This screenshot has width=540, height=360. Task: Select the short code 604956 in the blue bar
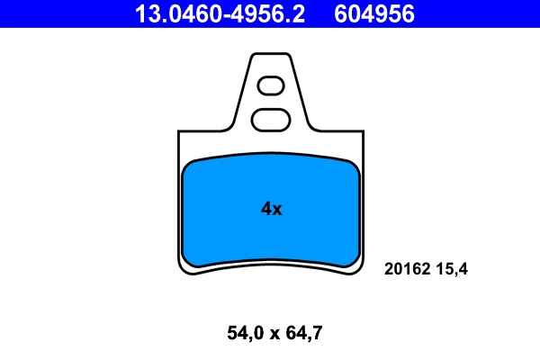(x=374, y=13)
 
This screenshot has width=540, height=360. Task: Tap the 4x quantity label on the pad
(x=272, y=209)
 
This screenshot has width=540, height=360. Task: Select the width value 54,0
(x=242, y=333)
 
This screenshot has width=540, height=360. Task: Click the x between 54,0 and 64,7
(x=272, y=334)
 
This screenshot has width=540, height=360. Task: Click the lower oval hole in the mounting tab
(x=271, y=118)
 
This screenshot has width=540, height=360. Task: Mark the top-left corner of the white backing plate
(x=180, y=132)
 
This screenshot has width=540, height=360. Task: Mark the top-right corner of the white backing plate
(x=364, y=132)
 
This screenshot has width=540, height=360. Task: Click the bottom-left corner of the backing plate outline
(x=181, y=272)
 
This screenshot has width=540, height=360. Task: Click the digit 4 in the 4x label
(x=266, y=209)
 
